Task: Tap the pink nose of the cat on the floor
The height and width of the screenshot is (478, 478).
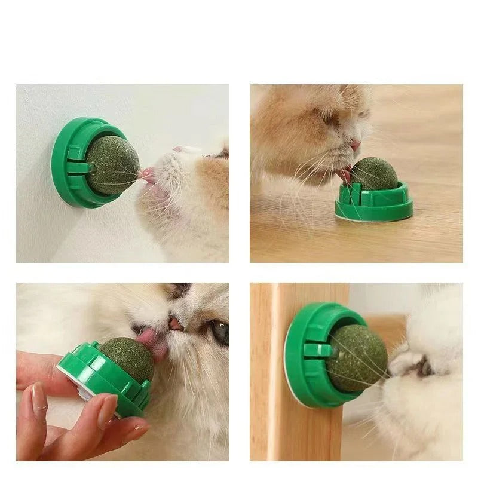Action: coord(356,145)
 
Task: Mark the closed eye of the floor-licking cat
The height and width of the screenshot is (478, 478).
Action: coord(330,116)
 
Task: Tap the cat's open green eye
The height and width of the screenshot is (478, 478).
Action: coord(220,332)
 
